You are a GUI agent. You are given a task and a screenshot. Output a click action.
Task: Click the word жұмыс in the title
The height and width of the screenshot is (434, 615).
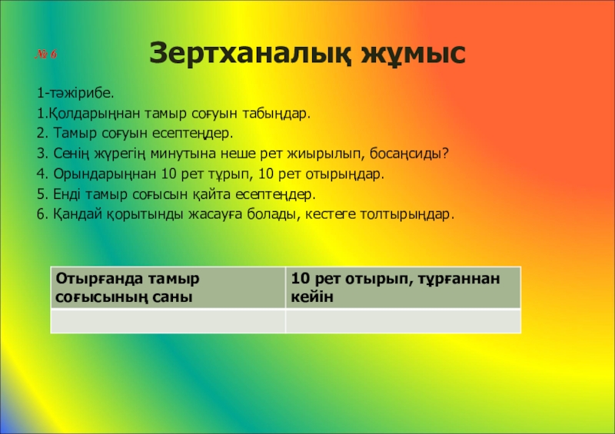tap(410, 53)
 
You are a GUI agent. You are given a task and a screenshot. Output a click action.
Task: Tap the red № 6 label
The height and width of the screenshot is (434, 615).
tap(46, 56)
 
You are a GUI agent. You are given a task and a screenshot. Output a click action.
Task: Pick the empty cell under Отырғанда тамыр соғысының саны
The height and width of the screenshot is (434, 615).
tap(167, 321)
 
